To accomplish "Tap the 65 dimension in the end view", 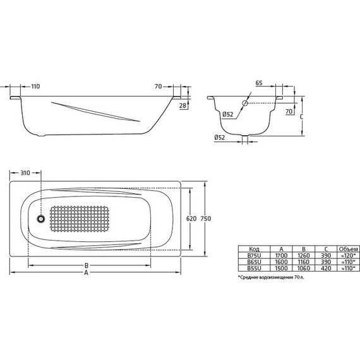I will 259,83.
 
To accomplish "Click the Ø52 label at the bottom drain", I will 220,137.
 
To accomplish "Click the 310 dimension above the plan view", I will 26,172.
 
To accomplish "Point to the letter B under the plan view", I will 87,266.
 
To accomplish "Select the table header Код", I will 254,249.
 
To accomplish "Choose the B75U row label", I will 254,255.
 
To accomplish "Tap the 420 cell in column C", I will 325,268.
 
